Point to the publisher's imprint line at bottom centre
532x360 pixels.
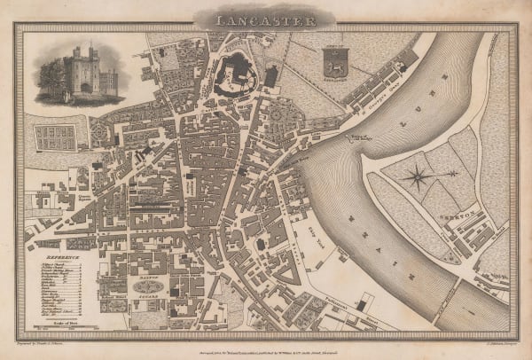[x=266, y=342]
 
